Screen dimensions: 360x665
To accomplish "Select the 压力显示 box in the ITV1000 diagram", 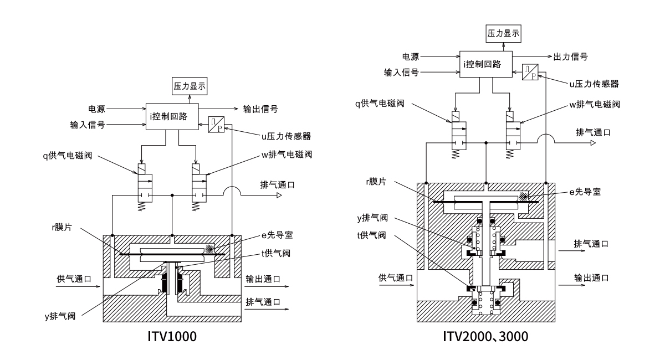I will coord(190,86).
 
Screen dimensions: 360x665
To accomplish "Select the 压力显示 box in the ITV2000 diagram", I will coord(504,33).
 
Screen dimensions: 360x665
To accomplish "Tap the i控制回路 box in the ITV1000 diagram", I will coord(171,116).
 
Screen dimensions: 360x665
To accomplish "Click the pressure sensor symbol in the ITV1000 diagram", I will coord(216,125).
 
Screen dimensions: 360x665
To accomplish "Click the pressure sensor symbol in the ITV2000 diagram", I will coord(530,72).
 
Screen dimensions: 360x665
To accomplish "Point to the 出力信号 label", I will coord(571,56).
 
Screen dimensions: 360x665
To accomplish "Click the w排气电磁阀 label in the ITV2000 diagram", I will coord(594,104).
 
